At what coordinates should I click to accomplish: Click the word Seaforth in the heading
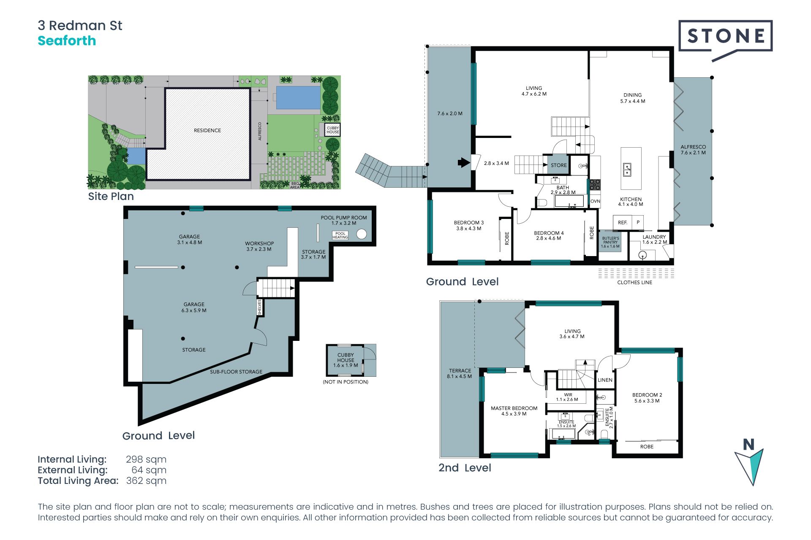[x=67, y=41]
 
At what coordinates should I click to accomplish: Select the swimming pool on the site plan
[x=298, y=97]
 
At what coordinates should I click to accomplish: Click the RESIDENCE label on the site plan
[x=207, y=130]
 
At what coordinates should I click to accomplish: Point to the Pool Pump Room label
[x=344, y=220]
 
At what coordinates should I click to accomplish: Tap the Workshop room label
[x=259, y=246]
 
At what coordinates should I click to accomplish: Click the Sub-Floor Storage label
[x=236, y=372]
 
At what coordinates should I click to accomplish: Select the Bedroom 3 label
[x=469, y=226]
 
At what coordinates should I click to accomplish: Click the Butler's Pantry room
[x=610, y=242]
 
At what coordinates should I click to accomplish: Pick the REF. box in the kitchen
[x=623, y=222]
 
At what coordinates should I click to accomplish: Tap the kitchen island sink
[x=627, y=170]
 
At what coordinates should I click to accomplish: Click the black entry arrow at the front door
[x=464, y=162]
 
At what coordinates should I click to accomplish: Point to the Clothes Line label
[x=634, y=283]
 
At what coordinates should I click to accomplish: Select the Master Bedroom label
[x=514, y=411]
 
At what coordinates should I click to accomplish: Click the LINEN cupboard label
[x=605, y=380]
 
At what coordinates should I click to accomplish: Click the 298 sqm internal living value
[x=146, y=459]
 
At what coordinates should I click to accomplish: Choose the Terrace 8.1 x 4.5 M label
[x=460, y=373]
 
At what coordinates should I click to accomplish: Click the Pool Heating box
[x=340, y=235]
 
